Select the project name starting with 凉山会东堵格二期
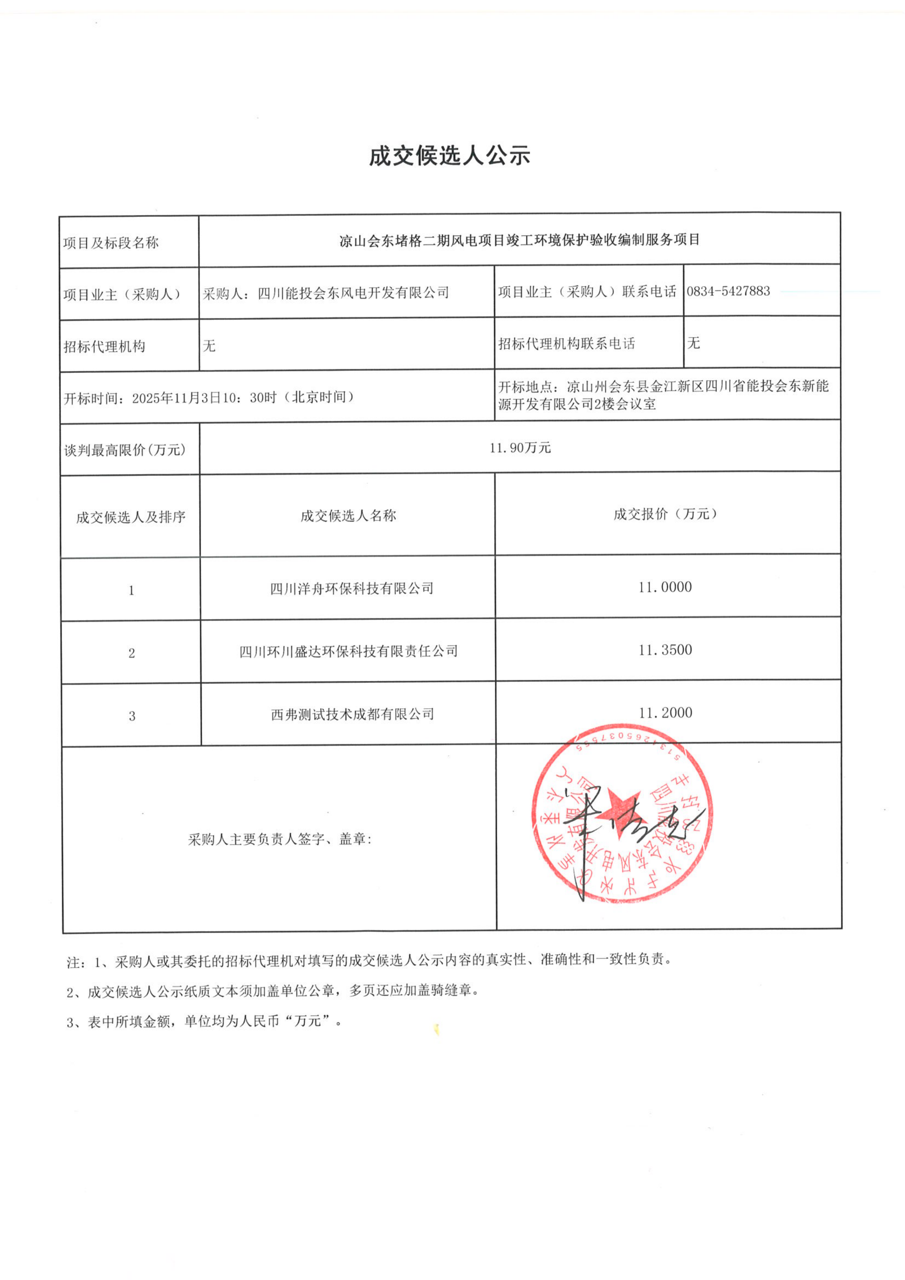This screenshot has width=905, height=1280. click(519, 240)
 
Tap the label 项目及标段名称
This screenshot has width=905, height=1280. click(111, 243)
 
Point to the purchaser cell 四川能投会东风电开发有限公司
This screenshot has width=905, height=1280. click(326, 293)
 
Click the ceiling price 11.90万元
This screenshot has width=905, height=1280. click(520, 448)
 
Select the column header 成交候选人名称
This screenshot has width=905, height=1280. click(348, 516)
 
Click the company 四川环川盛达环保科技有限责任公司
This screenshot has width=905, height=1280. click(348, 651)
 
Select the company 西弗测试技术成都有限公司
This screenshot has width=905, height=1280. click(352, 714)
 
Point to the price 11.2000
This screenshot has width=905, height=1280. click(665, 713)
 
